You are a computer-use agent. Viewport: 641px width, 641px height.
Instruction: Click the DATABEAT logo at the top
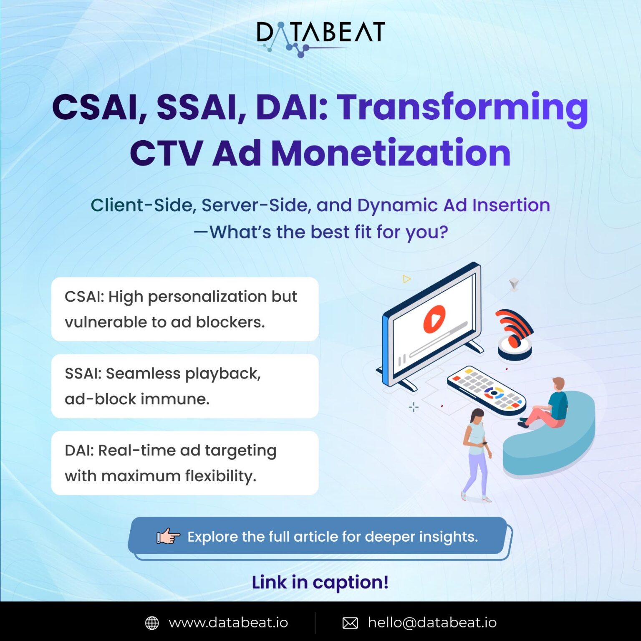(320, 37)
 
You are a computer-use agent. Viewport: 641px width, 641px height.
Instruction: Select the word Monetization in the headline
(391, 154)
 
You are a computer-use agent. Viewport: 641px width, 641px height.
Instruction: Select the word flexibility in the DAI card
(221, 476)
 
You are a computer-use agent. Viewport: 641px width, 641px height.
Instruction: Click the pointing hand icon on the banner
(168, 536)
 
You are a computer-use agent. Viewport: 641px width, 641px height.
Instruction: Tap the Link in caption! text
(320, 583)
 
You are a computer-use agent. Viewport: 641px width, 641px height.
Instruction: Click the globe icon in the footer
(152, 623)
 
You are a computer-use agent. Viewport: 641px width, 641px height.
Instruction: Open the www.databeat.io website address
(228, 623)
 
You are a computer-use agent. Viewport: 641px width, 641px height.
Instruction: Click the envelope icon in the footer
(350, 623)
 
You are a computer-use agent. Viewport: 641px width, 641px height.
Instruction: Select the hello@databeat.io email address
(432, 623)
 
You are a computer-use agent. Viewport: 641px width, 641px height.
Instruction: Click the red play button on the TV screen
(434, 319)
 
